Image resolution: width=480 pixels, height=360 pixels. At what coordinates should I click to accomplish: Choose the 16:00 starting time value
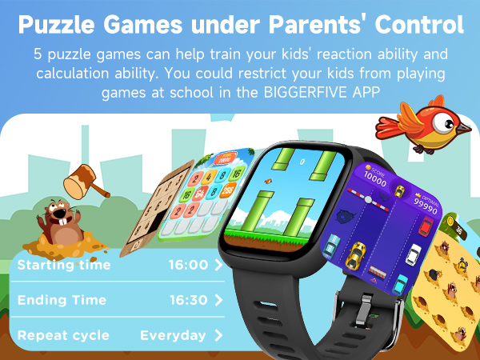[188, 265]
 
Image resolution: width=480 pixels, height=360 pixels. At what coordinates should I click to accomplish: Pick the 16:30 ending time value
[188, 300]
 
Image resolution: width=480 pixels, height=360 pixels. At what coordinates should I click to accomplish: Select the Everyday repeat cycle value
[173, 335]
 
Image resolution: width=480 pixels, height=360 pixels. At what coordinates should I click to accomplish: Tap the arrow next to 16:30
[218, 300]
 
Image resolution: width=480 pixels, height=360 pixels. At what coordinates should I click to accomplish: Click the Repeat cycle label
[63, 335]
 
